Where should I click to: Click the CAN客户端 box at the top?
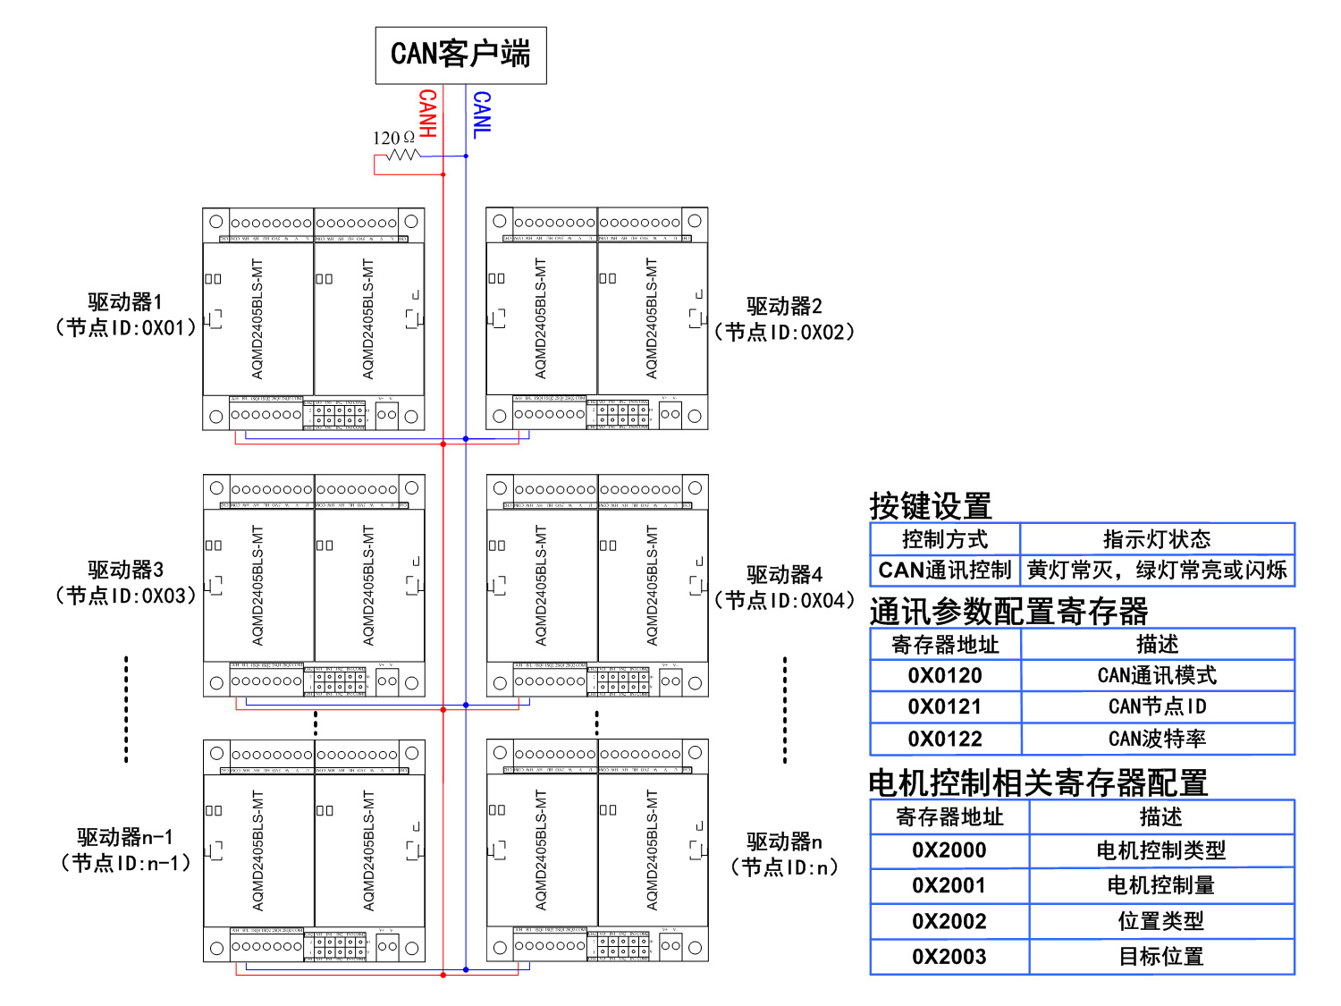coord(460,55)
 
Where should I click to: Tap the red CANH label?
coord(428,114)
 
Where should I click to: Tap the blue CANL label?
coord(482,114)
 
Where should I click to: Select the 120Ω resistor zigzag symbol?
coord(403,155)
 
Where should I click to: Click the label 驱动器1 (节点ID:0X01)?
coord(125,315)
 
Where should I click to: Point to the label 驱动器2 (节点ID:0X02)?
coord(784,319)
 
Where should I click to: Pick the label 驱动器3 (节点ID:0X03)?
coord(125,582)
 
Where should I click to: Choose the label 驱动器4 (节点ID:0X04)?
coord(784,587)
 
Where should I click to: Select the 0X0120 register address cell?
coord(945,675)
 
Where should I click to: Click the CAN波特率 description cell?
coord(1157,739)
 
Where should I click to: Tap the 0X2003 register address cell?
coord(949,957)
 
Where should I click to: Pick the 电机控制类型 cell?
coord(1160,850)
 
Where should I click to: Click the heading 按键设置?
coord(931,506)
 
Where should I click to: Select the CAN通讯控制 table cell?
coord(945,571)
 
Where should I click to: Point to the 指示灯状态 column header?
coord(1157,539)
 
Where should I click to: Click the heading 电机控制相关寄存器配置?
coord(1038,782)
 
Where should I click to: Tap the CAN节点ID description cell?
coord(1157,706)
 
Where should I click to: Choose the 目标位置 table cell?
coord(1160,957)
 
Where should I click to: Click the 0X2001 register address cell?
coord(949,885)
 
